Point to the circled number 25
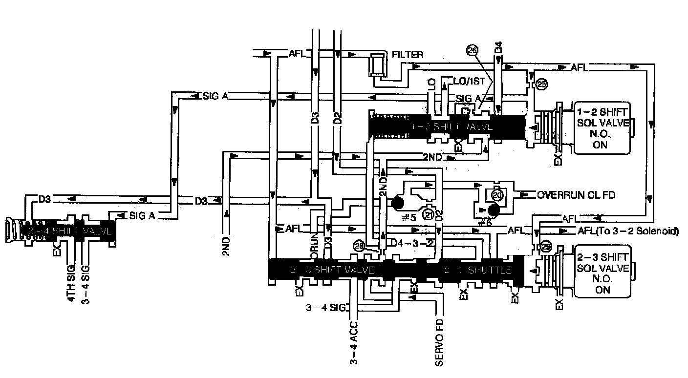pyautogui.click(x=541, y=84)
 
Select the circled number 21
pyautogui.click(x=428, y=213)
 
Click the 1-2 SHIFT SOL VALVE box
pyautogui.click(x=602, y=127)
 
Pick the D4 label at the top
pyautogui.click(x=498, y=47)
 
